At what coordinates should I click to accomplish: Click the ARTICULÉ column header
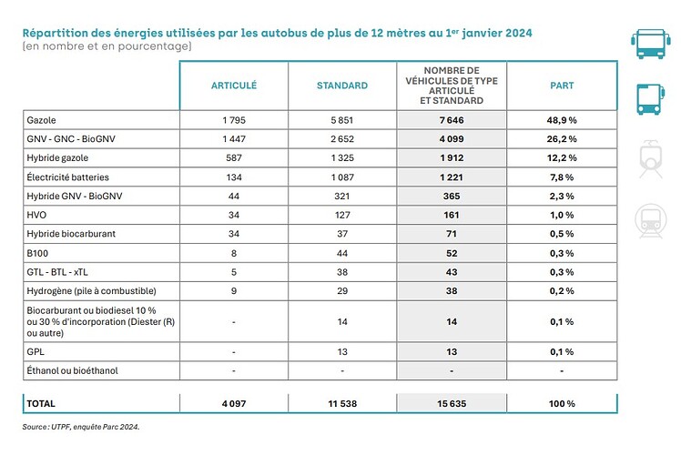pos(234,86)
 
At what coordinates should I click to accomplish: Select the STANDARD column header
pos(342,86)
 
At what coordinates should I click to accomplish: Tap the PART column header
pos(562,86)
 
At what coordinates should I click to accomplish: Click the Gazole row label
pos(41,120)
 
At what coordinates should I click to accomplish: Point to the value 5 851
pos(342,120)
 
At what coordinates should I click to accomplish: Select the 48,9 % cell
pos(562,120)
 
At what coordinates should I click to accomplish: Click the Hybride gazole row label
pos(57,158)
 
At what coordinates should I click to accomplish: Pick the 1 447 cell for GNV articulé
pos(234,139)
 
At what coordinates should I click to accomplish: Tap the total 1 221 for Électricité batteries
pos(452,177)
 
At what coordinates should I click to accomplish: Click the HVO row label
pos(36,215)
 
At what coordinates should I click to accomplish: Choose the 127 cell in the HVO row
pos(342,215)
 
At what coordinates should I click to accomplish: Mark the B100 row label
pos(37,253)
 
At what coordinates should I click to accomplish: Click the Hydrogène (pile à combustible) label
pos(91,291)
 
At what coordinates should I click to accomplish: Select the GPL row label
pos(36,351)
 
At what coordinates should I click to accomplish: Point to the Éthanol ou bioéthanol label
pos(72,370)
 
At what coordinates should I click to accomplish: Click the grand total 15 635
pos(452,404)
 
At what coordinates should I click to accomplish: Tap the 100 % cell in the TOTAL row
pos(562,404)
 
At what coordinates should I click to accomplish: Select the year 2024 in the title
pos(519,33)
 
